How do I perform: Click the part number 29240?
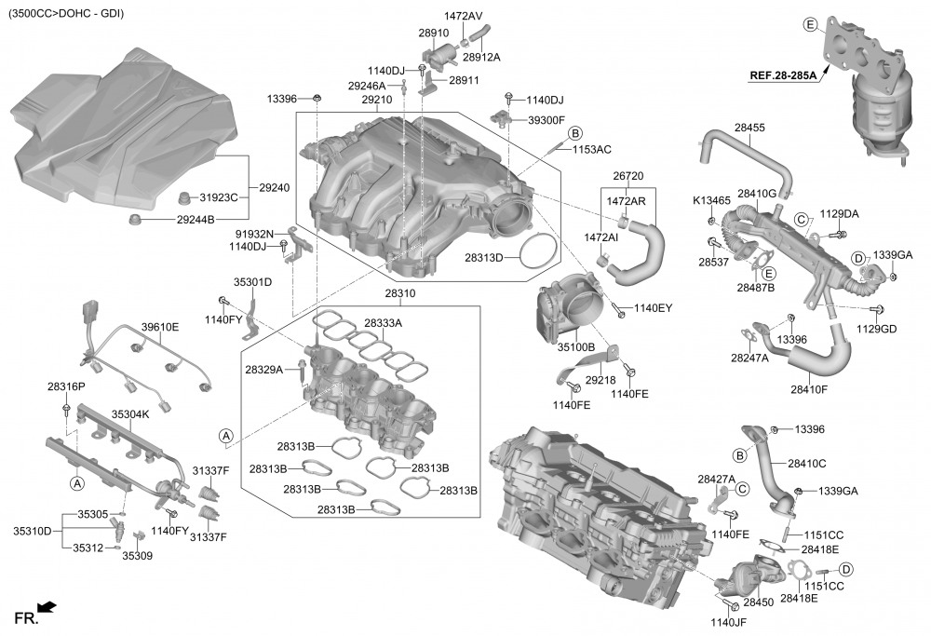pyautogui.click(x=274, y=188)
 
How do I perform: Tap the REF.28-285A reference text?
pyautogui.click(x=783, y=76)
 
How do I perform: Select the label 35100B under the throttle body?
pyautogui.click(x=575, y=346)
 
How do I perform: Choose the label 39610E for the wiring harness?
pyautogui.click(x=160, y=327)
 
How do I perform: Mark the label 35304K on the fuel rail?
pyautogui.click(x=130, y=413)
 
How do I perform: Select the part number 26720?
pyautogui.click(x=628, y=176)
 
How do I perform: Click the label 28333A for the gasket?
pyautogui.click(x=383, y=323)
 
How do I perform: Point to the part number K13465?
pyautogui.click(x=711, y=201)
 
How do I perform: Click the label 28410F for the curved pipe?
pyautogui.click(x=809, y=389)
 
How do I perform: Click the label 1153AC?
pyautogui.click(x=591, y=150)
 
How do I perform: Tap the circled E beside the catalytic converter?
pyautogui.click(x=809, y=23)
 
